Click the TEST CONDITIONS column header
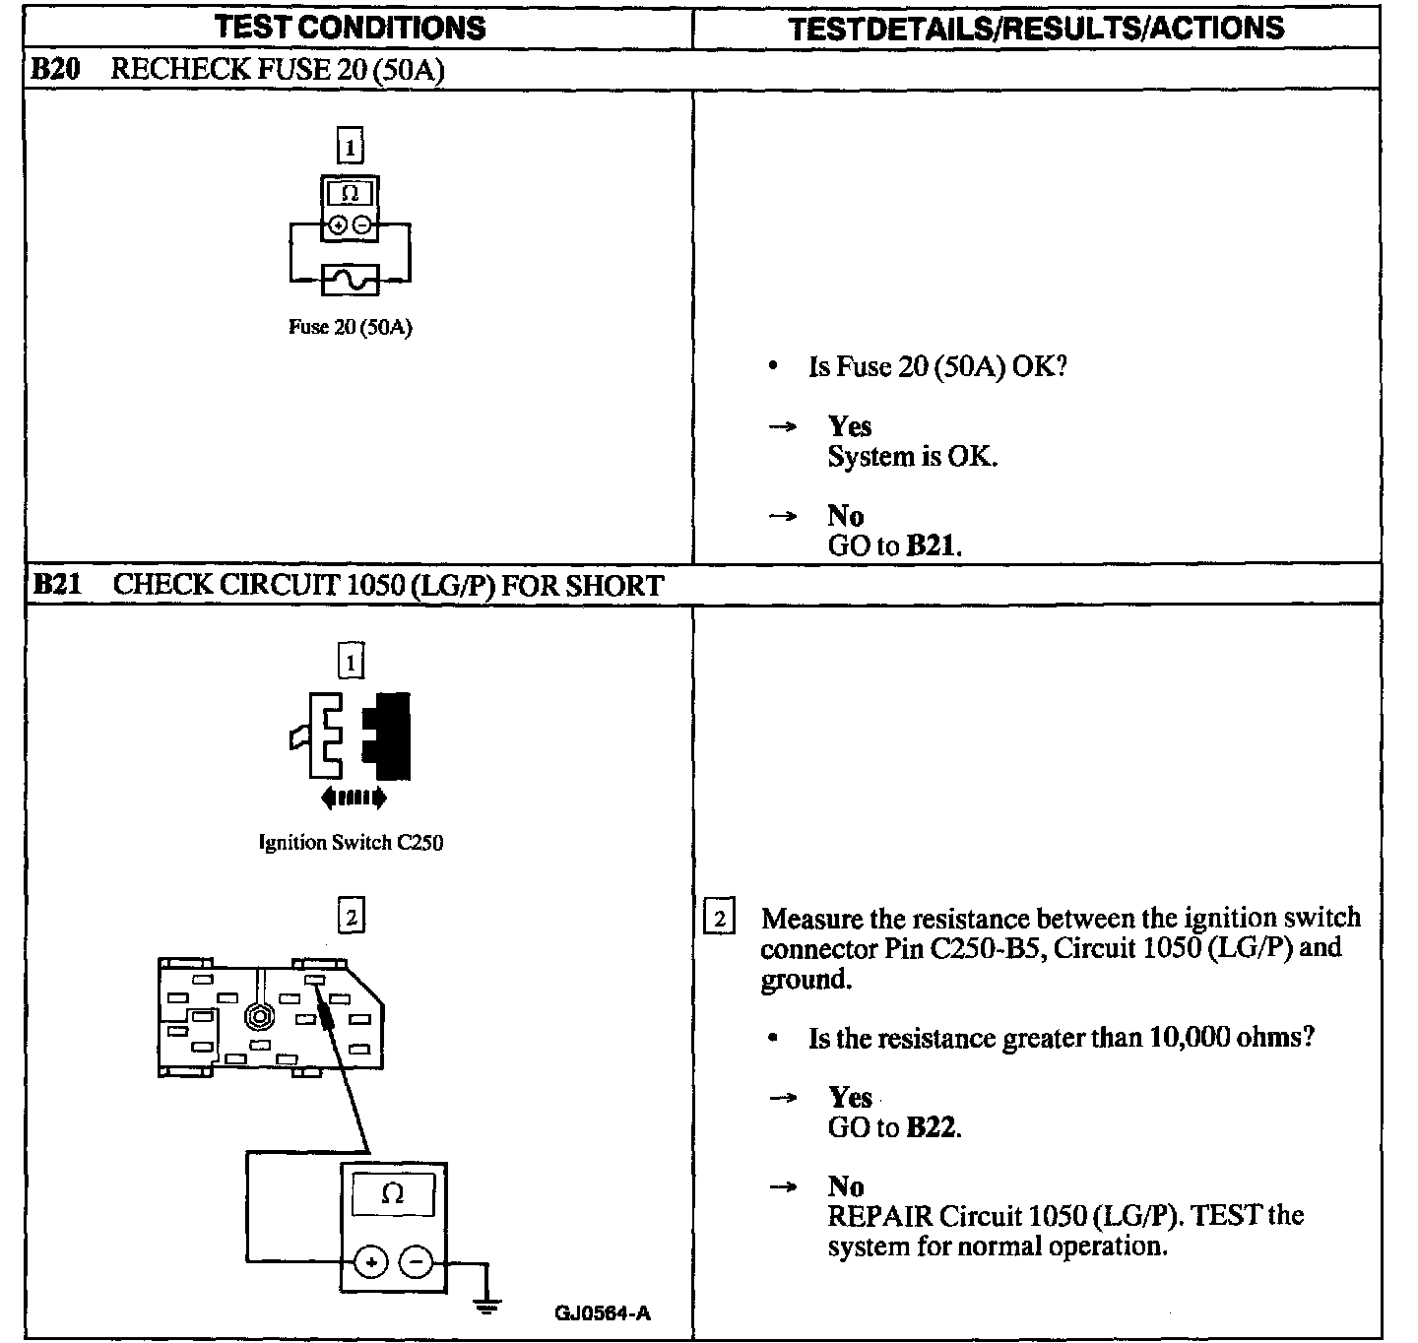click(350, 27)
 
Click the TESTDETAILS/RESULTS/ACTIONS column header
click(1036, 28)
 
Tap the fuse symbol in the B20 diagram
click(350, 280)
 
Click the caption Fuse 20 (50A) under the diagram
click(350, 327)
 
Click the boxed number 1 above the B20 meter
click(350, 148)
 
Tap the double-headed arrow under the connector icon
click(353, 799)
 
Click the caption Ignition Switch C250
click(351, 843)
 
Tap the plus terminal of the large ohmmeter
click(371, 1261)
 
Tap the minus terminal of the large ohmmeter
click(417, 1261)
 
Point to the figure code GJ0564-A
click(602, 1312)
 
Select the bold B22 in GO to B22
click(931, 1127)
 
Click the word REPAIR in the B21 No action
click(879, 1216)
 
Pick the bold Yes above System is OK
click(849, 426)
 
